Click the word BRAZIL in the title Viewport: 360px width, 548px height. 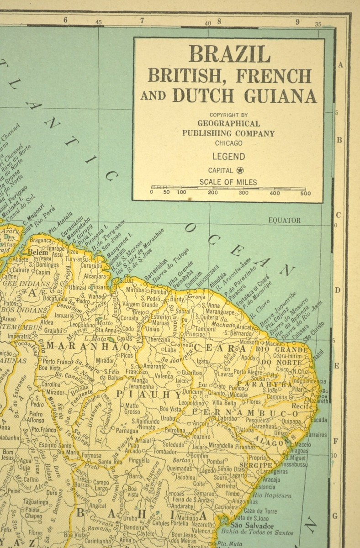tap(229, 54)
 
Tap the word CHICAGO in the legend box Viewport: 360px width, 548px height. tap(228, 142)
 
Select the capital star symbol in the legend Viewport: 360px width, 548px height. tap(240, 170)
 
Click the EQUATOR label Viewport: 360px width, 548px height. tap(284, 220)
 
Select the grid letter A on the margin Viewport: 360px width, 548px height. tap(340, 65)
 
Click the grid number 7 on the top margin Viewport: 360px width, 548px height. tap(142, 20)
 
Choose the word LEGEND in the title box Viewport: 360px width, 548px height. tap(228, 157)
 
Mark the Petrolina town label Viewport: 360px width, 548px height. tap(175, 430)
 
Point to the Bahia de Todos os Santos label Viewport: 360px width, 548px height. tap(257, 532)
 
